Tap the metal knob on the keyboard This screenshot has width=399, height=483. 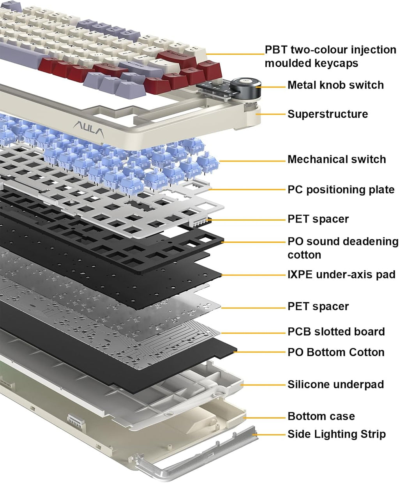tap(244, 88)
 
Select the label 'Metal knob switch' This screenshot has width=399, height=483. tap(335, 85)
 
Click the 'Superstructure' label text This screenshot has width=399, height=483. tap(327, 114)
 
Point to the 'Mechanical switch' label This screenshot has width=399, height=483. tap(337, 159)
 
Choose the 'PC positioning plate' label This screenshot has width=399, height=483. tap(341, 190)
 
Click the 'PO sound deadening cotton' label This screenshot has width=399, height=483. tap(343, 248)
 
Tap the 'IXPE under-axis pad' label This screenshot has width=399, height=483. tap(341, 274)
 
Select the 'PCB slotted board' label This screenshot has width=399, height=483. tap(336, 332)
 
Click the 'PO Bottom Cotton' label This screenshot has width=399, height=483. tap(336, 352)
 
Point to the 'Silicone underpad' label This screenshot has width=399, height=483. tap(335, 384)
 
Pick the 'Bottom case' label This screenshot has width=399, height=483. tap(321, 416)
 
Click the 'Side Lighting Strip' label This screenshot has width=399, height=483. tap(337, 434)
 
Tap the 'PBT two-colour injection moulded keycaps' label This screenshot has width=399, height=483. tap(330, 57)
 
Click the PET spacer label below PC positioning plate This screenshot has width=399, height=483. tap(318, 219)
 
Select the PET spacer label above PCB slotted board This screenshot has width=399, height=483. tap(318, 306)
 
